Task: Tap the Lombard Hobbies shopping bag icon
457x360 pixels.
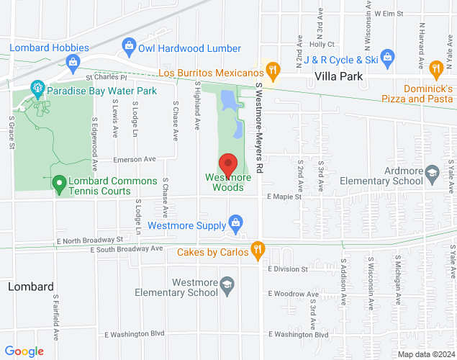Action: click(73, 63)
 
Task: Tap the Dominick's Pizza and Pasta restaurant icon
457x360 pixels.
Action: click(435, 69)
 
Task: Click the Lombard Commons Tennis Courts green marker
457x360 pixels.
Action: click(59, 184)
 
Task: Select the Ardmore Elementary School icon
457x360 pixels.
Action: click(431, 172)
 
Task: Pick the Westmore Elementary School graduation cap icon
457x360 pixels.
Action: click(227, 284)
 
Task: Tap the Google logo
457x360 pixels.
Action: click(24, 351)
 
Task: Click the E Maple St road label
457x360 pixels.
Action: click(284, 197)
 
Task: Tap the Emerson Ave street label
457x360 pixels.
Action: click(134, 159)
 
